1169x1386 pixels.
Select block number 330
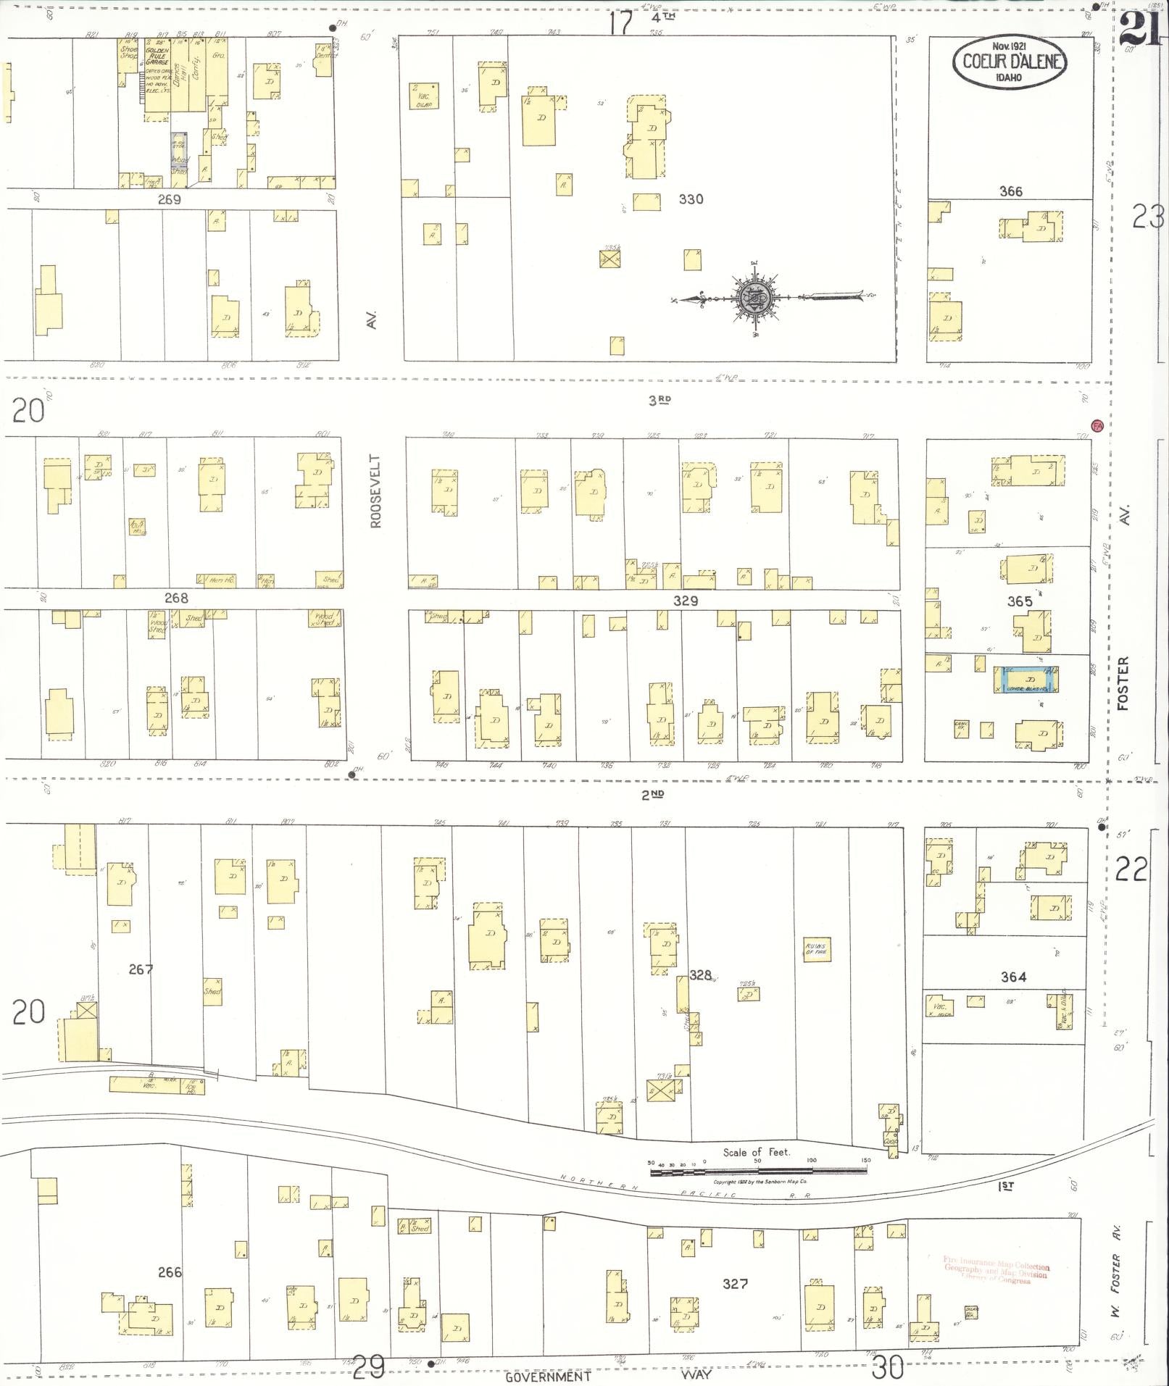(690, 199)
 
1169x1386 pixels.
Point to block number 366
(1010, 191)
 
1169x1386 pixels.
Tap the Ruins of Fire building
(817, 949)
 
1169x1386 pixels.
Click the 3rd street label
(659, 400)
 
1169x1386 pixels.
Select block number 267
(141, 969)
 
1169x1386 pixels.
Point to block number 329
(685, 601)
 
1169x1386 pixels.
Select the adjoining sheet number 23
(1148, 217)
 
